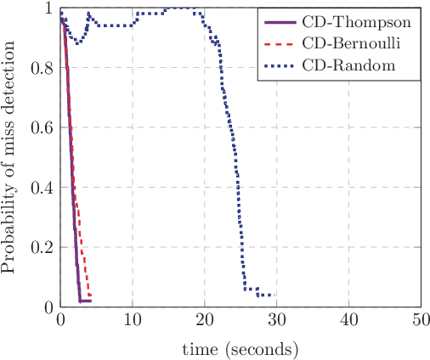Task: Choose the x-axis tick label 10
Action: point(132,321)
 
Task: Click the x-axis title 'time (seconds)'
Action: point(240,349)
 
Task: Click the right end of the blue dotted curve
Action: point(272,295)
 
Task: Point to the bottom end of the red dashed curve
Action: point(89,295)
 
